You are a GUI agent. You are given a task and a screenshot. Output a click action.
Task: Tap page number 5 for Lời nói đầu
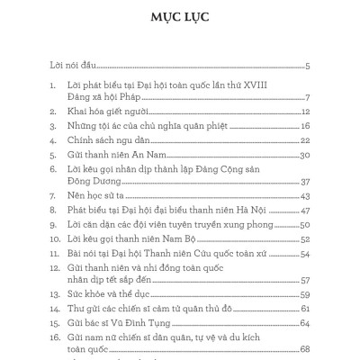307,67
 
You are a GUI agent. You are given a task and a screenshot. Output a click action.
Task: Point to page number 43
305,196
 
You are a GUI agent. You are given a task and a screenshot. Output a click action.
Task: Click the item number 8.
53,211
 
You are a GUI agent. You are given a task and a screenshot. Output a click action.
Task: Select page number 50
305,227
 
